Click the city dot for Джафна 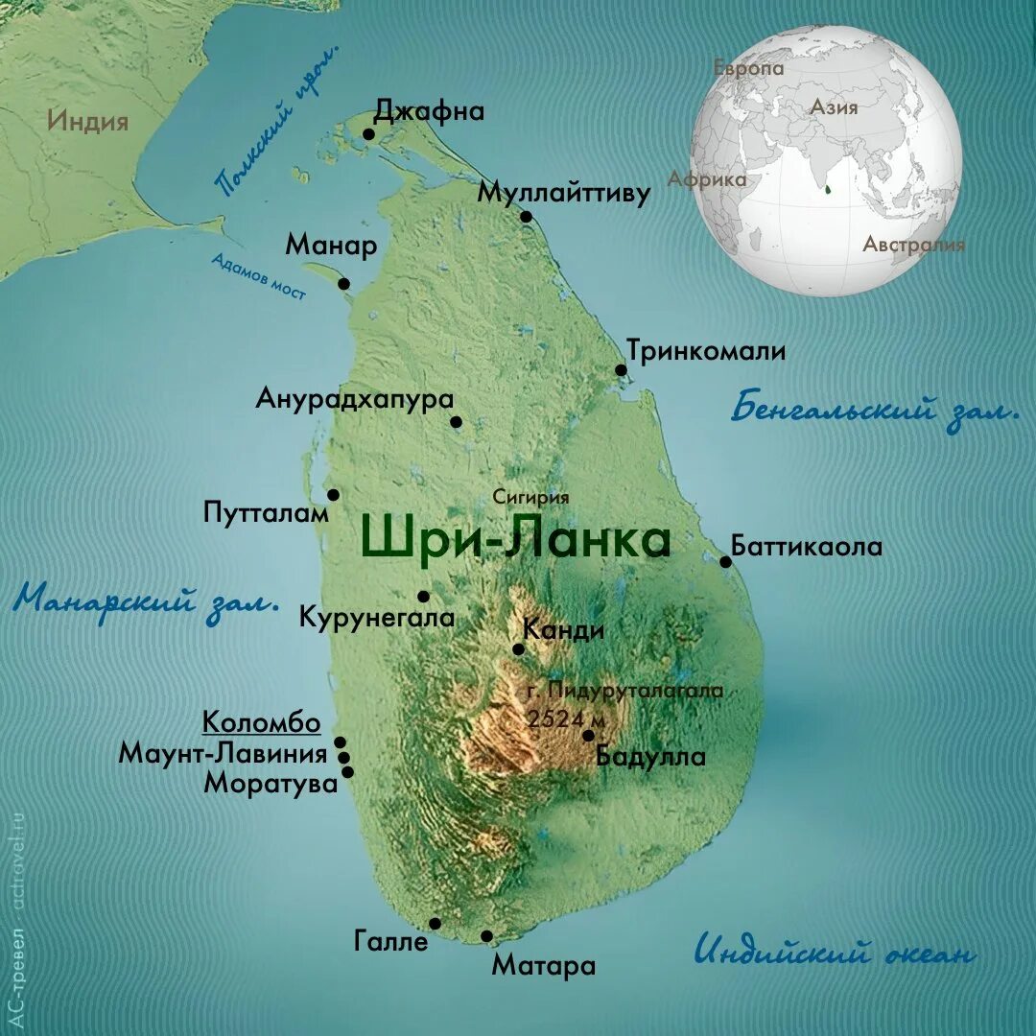coord(369,134)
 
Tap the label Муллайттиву coord(564,192)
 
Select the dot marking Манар coord(343,284)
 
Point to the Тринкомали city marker coord(621,370)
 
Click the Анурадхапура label coord(354,398)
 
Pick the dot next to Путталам coord(333,495)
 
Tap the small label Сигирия coord(530,497)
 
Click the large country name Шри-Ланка coord(515,541)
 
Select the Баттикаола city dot coord(726,561)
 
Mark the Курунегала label coord(377,616)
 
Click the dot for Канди coord(518,649)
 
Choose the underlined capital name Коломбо coord(261,722)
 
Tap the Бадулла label coord(650,756)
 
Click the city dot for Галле coord(435,923)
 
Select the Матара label coord(543,965)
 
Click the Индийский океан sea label coord(834,953)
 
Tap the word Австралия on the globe coord(912,245)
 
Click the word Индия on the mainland coord(87,122)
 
